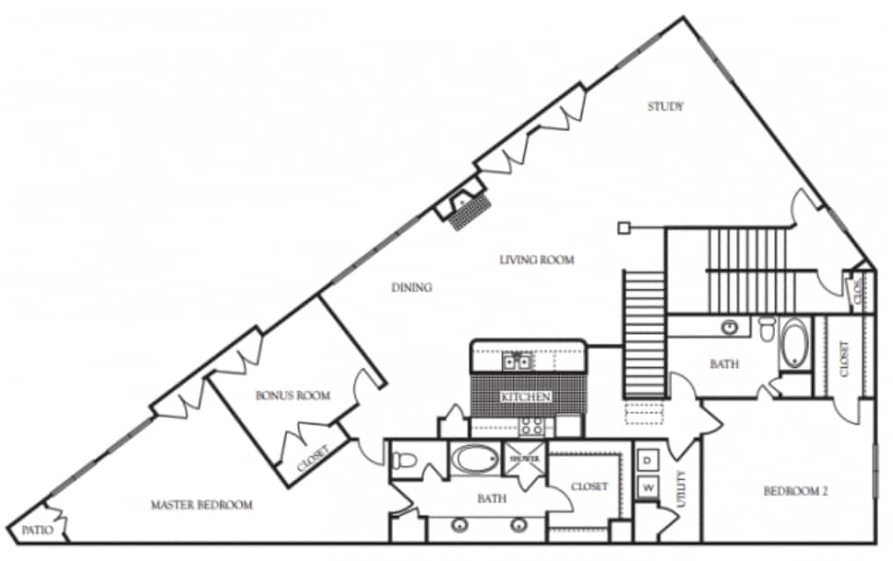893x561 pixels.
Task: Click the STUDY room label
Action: (x=665, y=107)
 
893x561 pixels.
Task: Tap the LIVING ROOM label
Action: (x=537, y=260)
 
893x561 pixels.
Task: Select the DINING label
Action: (x=411, y=288)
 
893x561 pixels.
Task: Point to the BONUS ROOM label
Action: (x=292, y=396)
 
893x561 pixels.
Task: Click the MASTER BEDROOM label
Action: (x=201, y=505)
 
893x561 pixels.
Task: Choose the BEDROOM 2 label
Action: (x=795, y=492)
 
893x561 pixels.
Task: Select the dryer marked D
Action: (x=648, y=460)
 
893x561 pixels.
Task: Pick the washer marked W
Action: (x=648, y=486)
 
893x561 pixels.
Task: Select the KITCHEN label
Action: (x=526, y=397)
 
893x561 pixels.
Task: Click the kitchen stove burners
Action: (x=532, y=425)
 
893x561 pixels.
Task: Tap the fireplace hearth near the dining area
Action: (x=468, y=211)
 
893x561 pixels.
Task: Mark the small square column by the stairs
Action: (x=625, y=227)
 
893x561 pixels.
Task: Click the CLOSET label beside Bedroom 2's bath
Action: (x=844, y=358)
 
